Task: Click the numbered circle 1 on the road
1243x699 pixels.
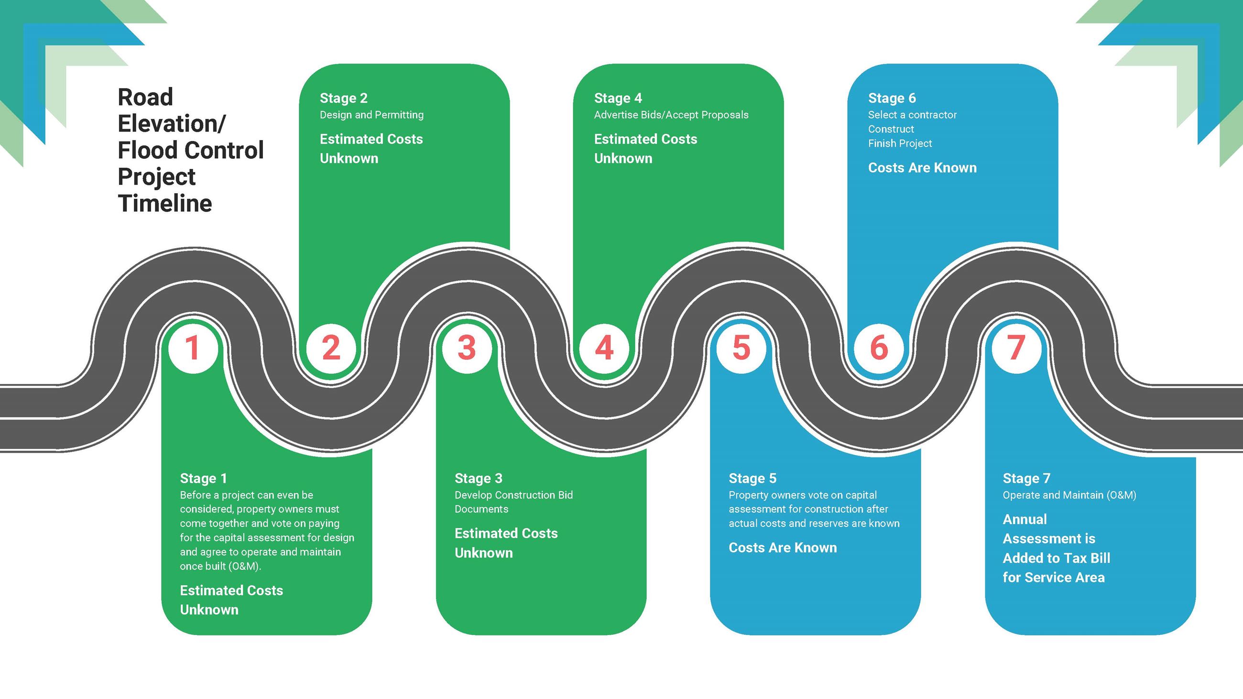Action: click(193, 348)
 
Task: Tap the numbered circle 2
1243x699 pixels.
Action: click(331, 348)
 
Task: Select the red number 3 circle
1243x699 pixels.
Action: click(467, 348)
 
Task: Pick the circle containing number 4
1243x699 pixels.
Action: click(604, 348)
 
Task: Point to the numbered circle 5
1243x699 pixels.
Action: click(741, 348)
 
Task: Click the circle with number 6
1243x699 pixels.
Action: click(879, 348)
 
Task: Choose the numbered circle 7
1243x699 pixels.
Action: click(1016, 348)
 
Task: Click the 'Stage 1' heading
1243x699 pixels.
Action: click(203, 478)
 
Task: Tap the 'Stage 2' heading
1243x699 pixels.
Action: click(344, 98)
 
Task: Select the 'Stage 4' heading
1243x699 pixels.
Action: click(618, 98)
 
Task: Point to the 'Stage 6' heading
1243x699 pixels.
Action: click(892, 98)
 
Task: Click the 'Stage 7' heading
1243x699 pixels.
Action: click(1026, 478)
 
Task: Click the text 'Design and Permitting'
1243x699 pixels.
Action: click(371, 115)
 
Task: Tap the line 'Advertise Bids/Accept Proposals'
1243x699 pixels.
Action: click(671, 115)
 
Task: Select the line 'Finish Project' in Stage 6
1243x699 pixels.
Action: click(900, 143)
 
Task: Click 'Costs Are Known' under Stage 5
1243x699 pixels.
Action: click(783, 547)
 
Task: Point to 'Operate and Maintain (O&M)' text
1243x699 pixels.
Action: click(1069, 495)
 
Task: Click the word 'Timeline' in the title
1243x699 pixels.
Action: click(165, 203)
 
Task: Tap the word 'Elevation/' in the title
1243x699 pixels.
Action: click(171, 124)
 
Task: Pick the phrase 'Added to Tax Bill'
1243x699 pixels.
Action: click(1056, 558)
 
